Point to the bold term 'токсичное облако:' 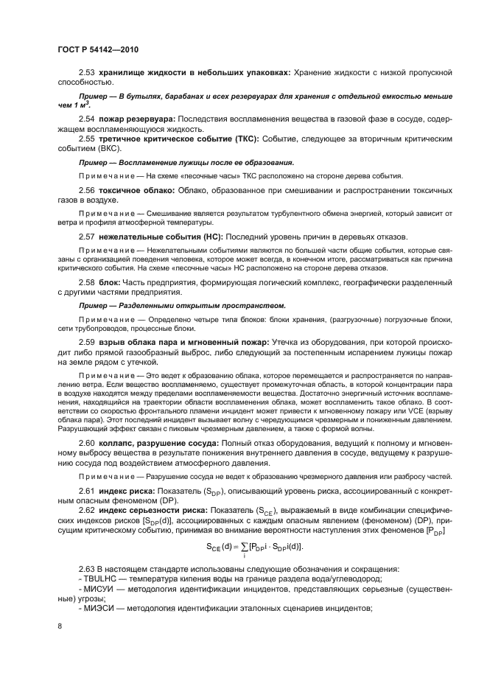click(136, 190)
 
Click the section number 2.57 click(87, 237)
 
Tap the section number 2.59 click(87, 342)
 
